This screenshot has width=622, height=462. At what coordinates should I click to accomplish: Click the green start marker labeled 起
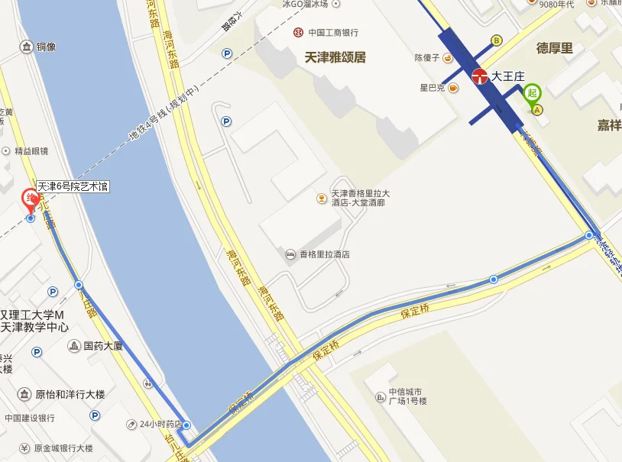point(533,92)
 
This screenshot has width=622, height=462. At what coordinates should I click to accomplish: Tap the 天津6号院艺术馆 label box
point(73,186)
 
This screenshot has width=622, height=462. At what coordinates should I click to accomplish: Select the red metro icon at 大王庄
point(480,76)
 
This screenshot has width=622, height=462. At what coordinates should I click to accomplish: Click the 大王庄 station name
point(508,76)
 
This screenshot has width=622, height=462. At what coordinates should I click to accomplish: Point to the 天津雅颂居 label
point(335,57)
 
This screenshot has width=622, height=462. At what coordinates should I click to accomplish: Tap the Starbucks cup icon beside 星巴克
point(453,88)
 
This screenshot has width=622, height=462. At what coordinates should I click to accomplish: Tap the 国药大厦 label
point(103,346)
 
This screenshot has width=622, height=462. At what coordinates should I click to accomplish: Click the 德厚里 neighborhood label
point(555,48)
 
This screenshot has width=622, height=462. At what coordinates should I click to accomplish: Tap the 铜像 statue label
point(46,47)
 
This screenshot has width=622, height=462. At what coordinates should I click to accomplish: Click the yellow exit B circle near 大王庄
point(496,40)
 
